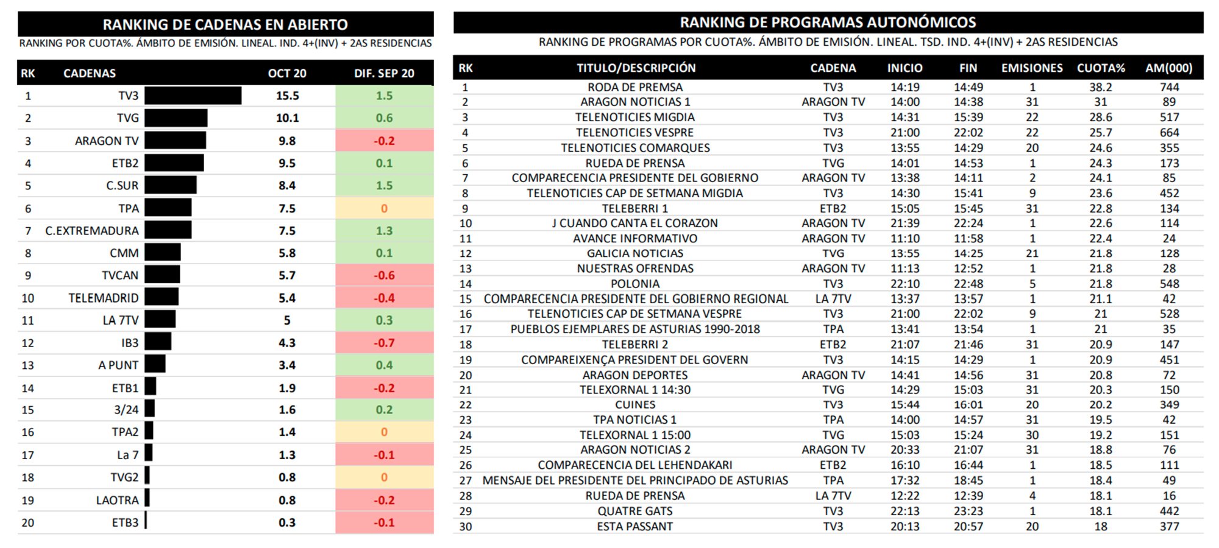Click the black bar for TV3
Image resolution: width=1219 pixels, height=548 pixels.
tap(193, 96)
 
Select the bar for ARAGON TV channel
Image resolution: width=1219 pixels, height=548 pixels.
tap(176, 141)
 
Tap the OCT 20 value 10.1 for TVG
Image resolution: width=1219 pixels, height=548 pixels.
tap(287, 118)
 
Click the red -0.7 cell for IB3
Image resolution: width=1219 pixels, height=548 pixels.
tap(384, 343)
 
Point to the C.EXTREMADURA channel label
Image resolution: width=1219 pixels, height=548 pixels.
tap(92, 231)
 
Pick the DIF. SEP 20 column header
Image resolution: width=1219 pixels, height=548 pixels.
tap(384, 73)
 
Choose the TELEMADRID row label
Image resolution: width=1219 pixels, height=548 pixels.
tap(104, 298)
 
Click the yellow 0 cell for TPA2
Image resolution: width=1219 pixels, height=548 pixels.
tap(384, 432)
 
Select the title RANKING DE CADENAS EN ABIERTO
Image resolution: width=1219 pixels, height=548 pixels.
tap(225, 24)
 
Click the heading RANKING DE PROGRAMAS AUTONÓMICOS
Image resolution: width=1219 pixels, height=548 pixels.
tap(828, 23)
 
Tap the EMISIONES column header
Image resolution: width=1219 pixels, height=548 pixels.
tap(1032, 68)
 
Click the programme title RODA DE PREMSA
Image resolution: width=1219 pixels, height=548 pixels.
tap(635, 87)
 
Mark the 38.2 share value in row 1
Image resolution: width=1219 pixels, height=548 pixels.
tap(1101, 87)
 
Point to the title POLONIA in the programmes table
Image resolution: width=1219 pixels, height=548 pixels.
tap(635, 284)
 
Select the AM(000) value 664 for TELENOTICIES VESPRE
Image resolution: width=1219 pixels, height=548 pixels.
tap(1169, 133)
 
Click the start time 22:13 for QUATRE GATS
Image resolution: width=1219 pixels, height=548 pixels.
tap(905, 511)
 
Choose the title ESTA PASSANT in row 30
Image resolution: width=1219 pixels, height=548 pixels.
tap(635, 526)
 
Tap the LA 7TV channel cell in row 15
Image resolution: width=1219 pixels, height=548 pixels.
tap(833, 299)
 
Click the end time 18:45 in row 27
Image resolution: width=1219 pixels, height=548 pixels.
tap(968, 480)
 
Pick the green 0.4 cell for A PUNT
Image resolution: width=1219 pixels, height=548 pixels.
tap(384, 365)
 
